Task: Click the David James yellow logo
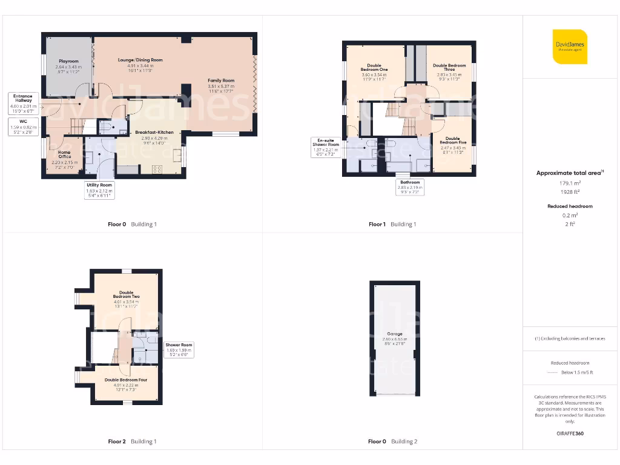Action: pos(570,47)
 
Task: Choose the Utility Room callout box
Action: pos(99,190)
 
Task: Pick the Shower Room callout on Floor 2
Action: pos(179,350)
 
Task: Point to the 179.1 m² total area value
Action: pos(569,182)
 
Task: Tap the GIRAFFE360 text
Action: pos(570,434)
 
